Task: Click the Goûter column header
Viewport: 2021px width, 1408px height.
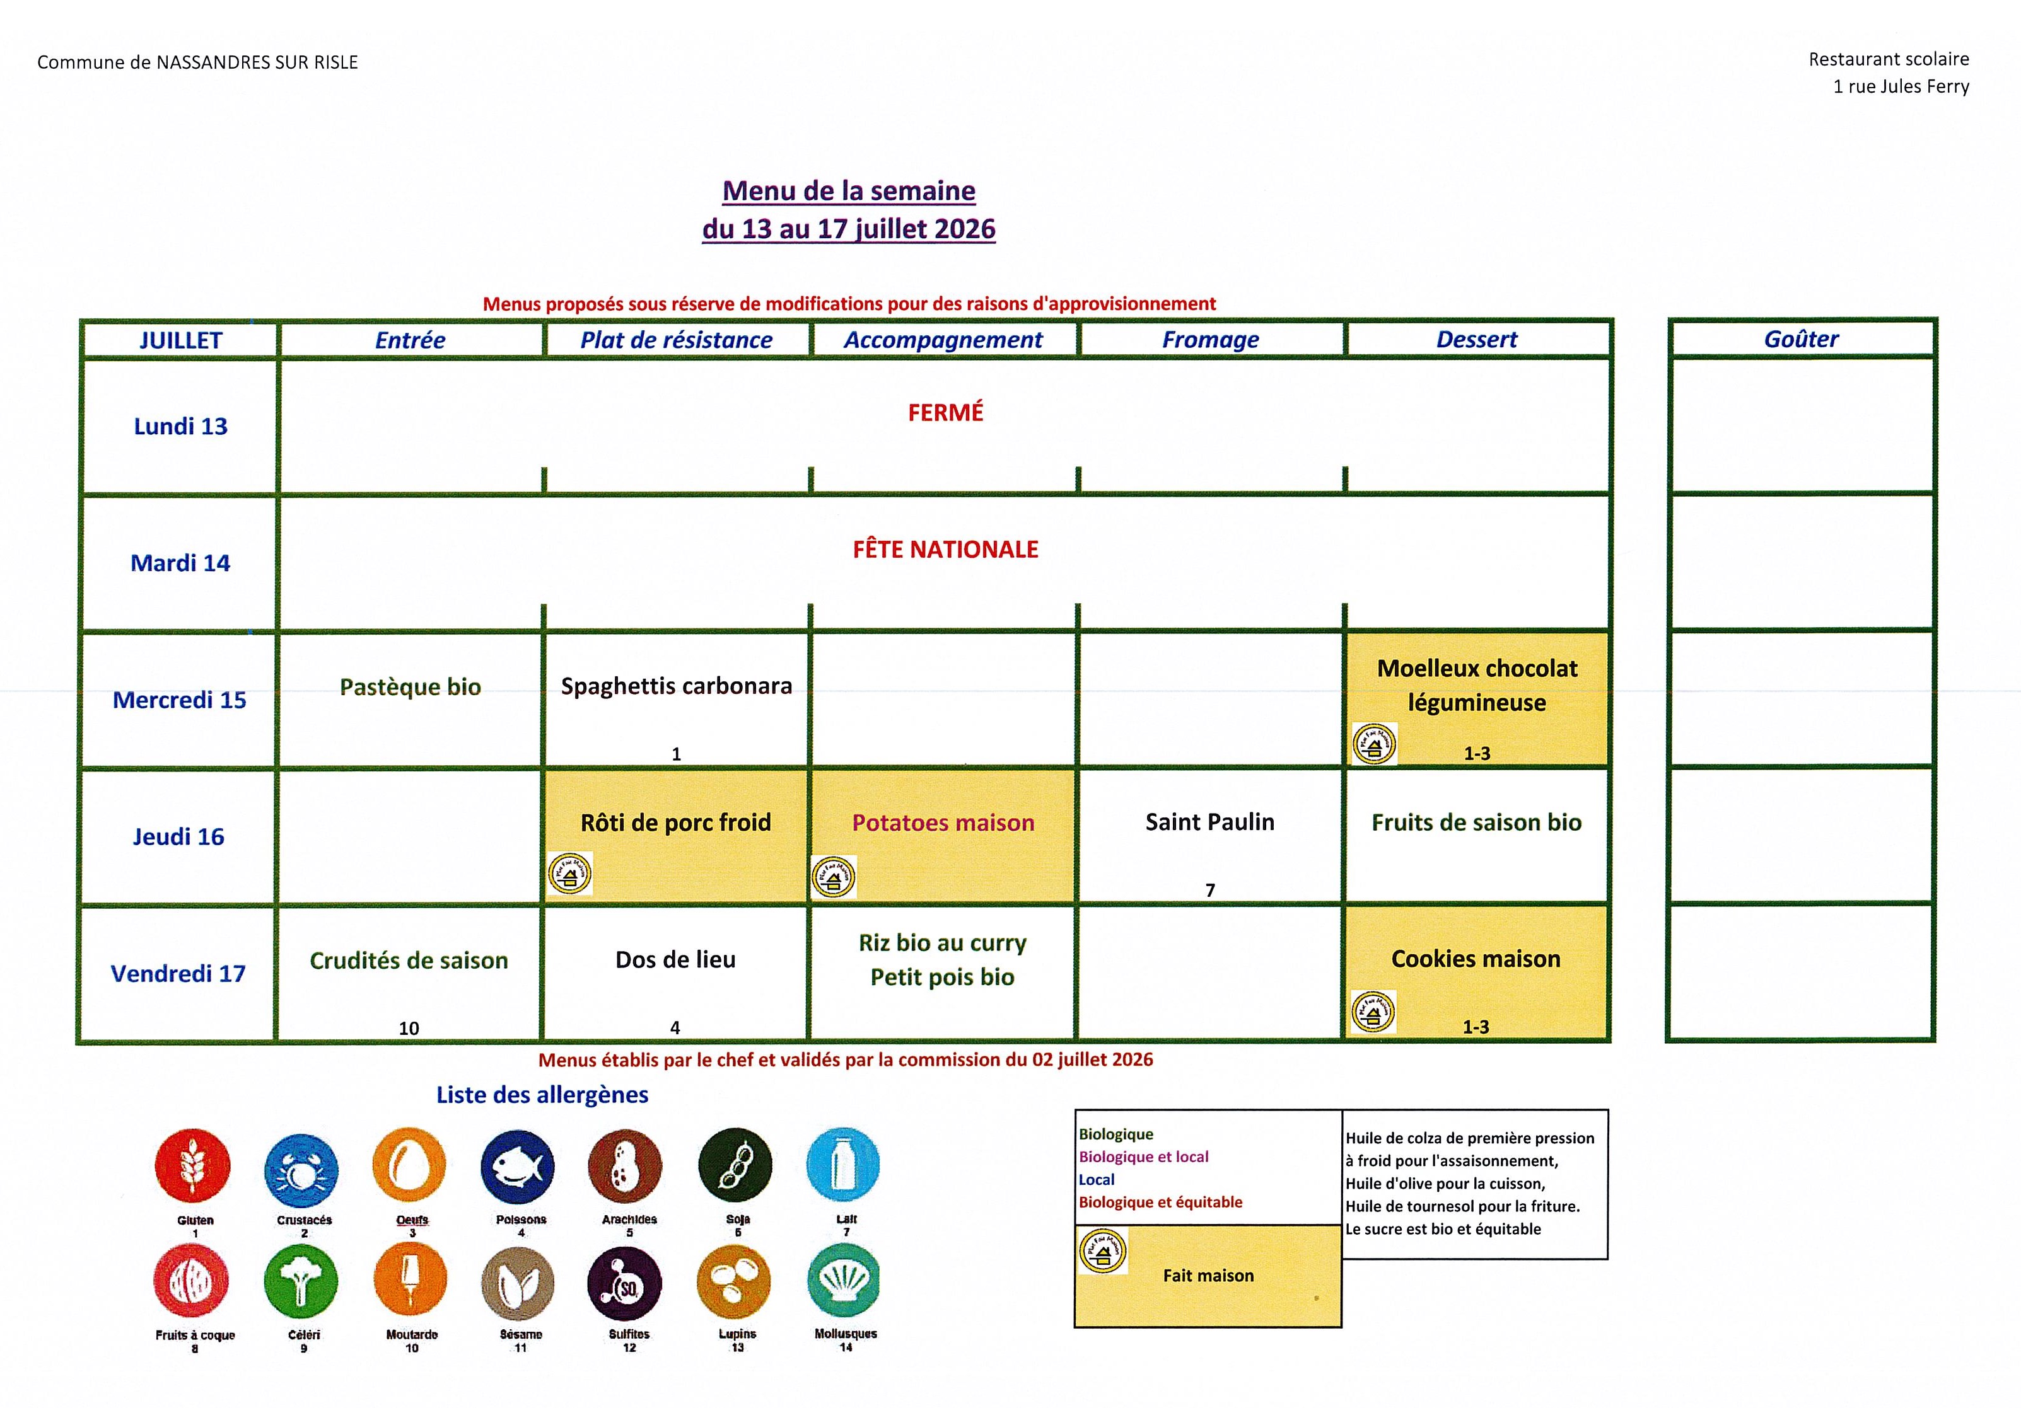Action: point(1801,339)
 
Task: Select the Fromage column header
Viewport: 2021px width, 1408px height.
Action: point(1210,340)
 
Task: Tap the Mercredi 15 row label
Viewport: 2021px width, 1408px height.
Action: point(180,700)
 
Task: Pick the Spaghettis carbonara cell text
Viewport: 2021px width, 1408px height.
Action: point(676,686)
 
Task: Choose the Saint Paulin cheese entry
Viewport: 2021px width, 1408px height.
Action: point(1209,822)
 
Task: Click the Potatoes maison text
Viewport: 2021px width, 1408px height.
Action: point(943,822)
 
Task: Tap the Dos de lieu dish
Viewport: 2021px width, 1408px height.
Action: point(675,959)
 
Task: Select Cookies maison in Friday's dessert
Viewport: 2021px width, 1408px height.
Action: point(1476,959)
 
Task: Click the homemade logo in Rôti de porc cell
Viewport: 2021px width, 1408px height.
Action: point(569,874)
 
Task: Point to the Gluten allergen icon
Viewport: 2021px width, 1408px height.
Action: point(193,1165)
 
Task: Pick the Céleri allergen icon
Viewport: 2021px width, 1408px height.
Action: point(301,1281)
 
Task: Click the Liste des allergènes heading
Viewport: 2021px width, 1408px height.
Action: point(542,1095)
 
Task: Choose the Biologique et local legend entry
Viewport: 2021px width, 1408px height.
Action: point(1143,1157)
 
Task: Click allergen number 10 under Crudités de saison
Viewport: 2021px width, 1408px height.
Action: point(409,1028)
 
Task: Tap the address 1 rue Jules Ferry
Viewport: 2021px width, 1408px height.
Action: point(1901,86)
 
